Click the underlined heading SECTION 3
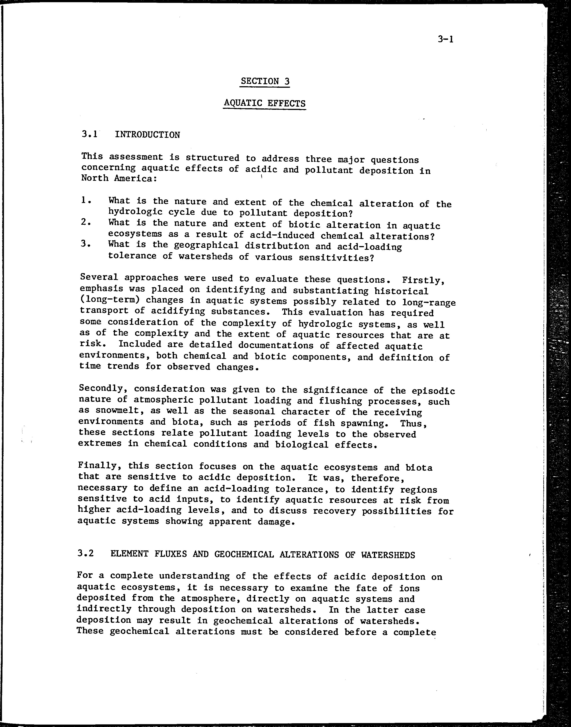click(265, 81)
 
